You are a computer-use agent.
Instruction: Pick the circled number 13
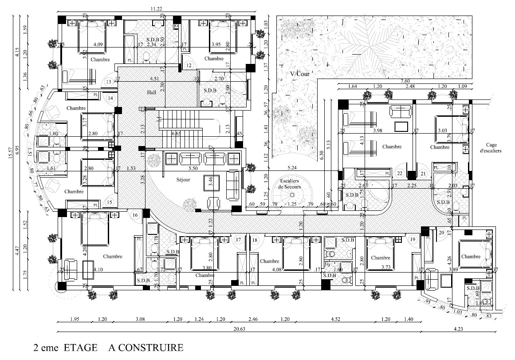coord(109,82)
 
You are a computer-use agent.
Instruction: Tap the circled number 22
coord(400,174)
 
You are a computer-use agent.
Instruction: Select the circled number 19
coord(413,239)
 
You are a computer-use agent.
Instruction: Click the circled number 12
coord(189,66)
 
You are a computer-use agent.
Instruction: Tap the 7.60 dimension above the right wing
coord(405,80)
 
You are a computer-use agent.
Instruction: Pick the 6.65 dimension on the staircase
coord(176,134)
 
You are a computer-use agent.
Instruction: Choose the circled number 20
coord(441,233)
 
